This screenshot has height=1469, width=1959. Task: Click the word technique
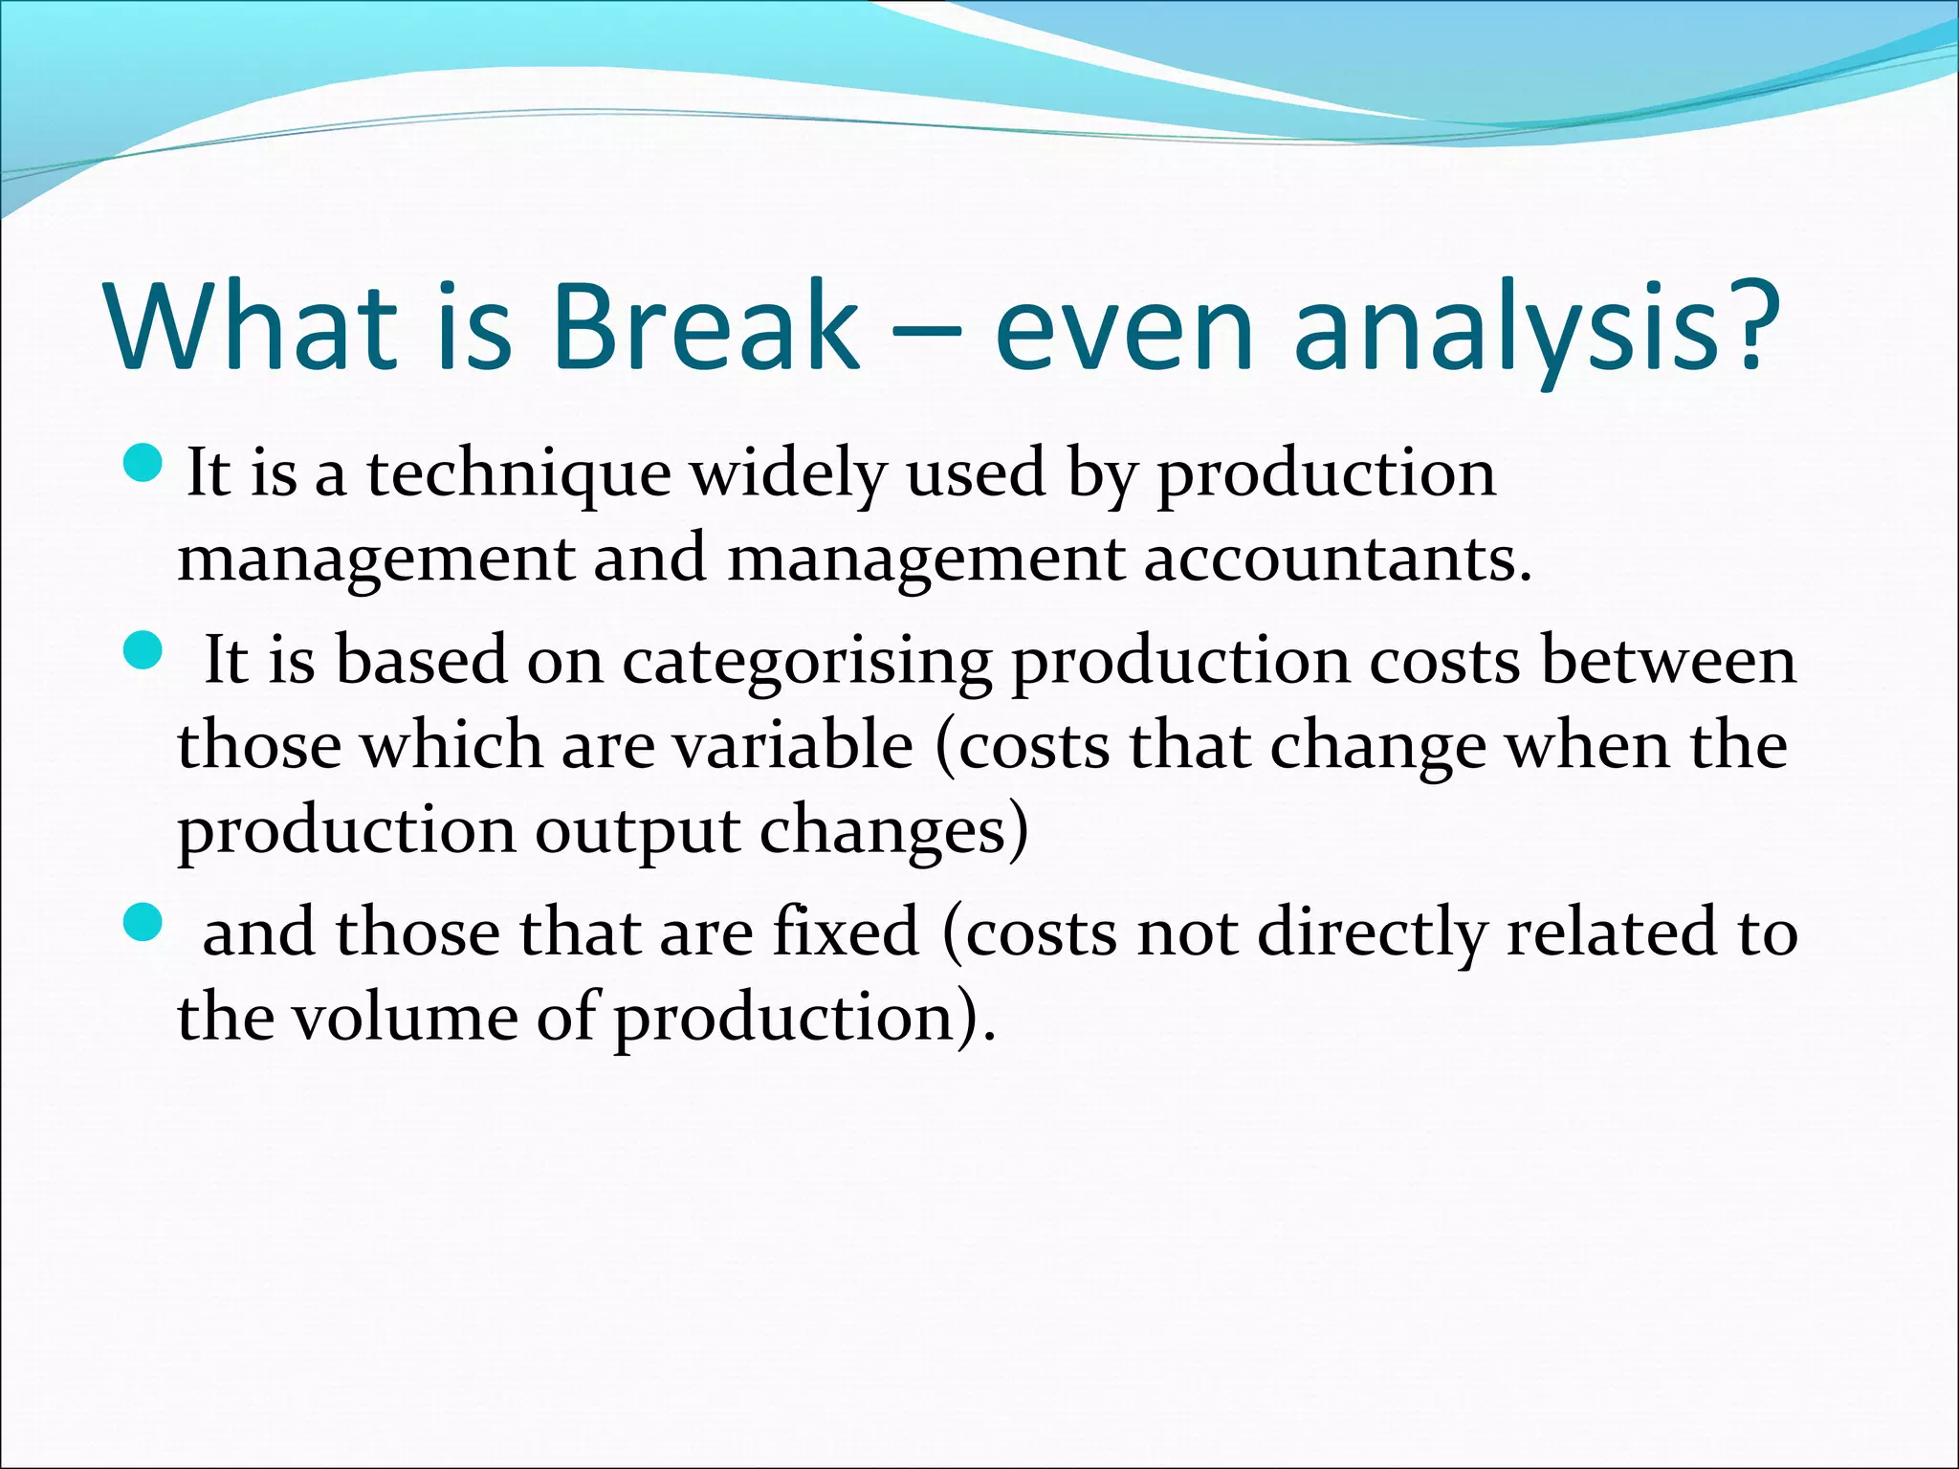519,475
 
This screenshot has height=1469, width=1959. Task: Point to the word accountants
1336,559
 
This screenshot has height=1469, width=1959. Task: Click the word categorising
807,663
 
